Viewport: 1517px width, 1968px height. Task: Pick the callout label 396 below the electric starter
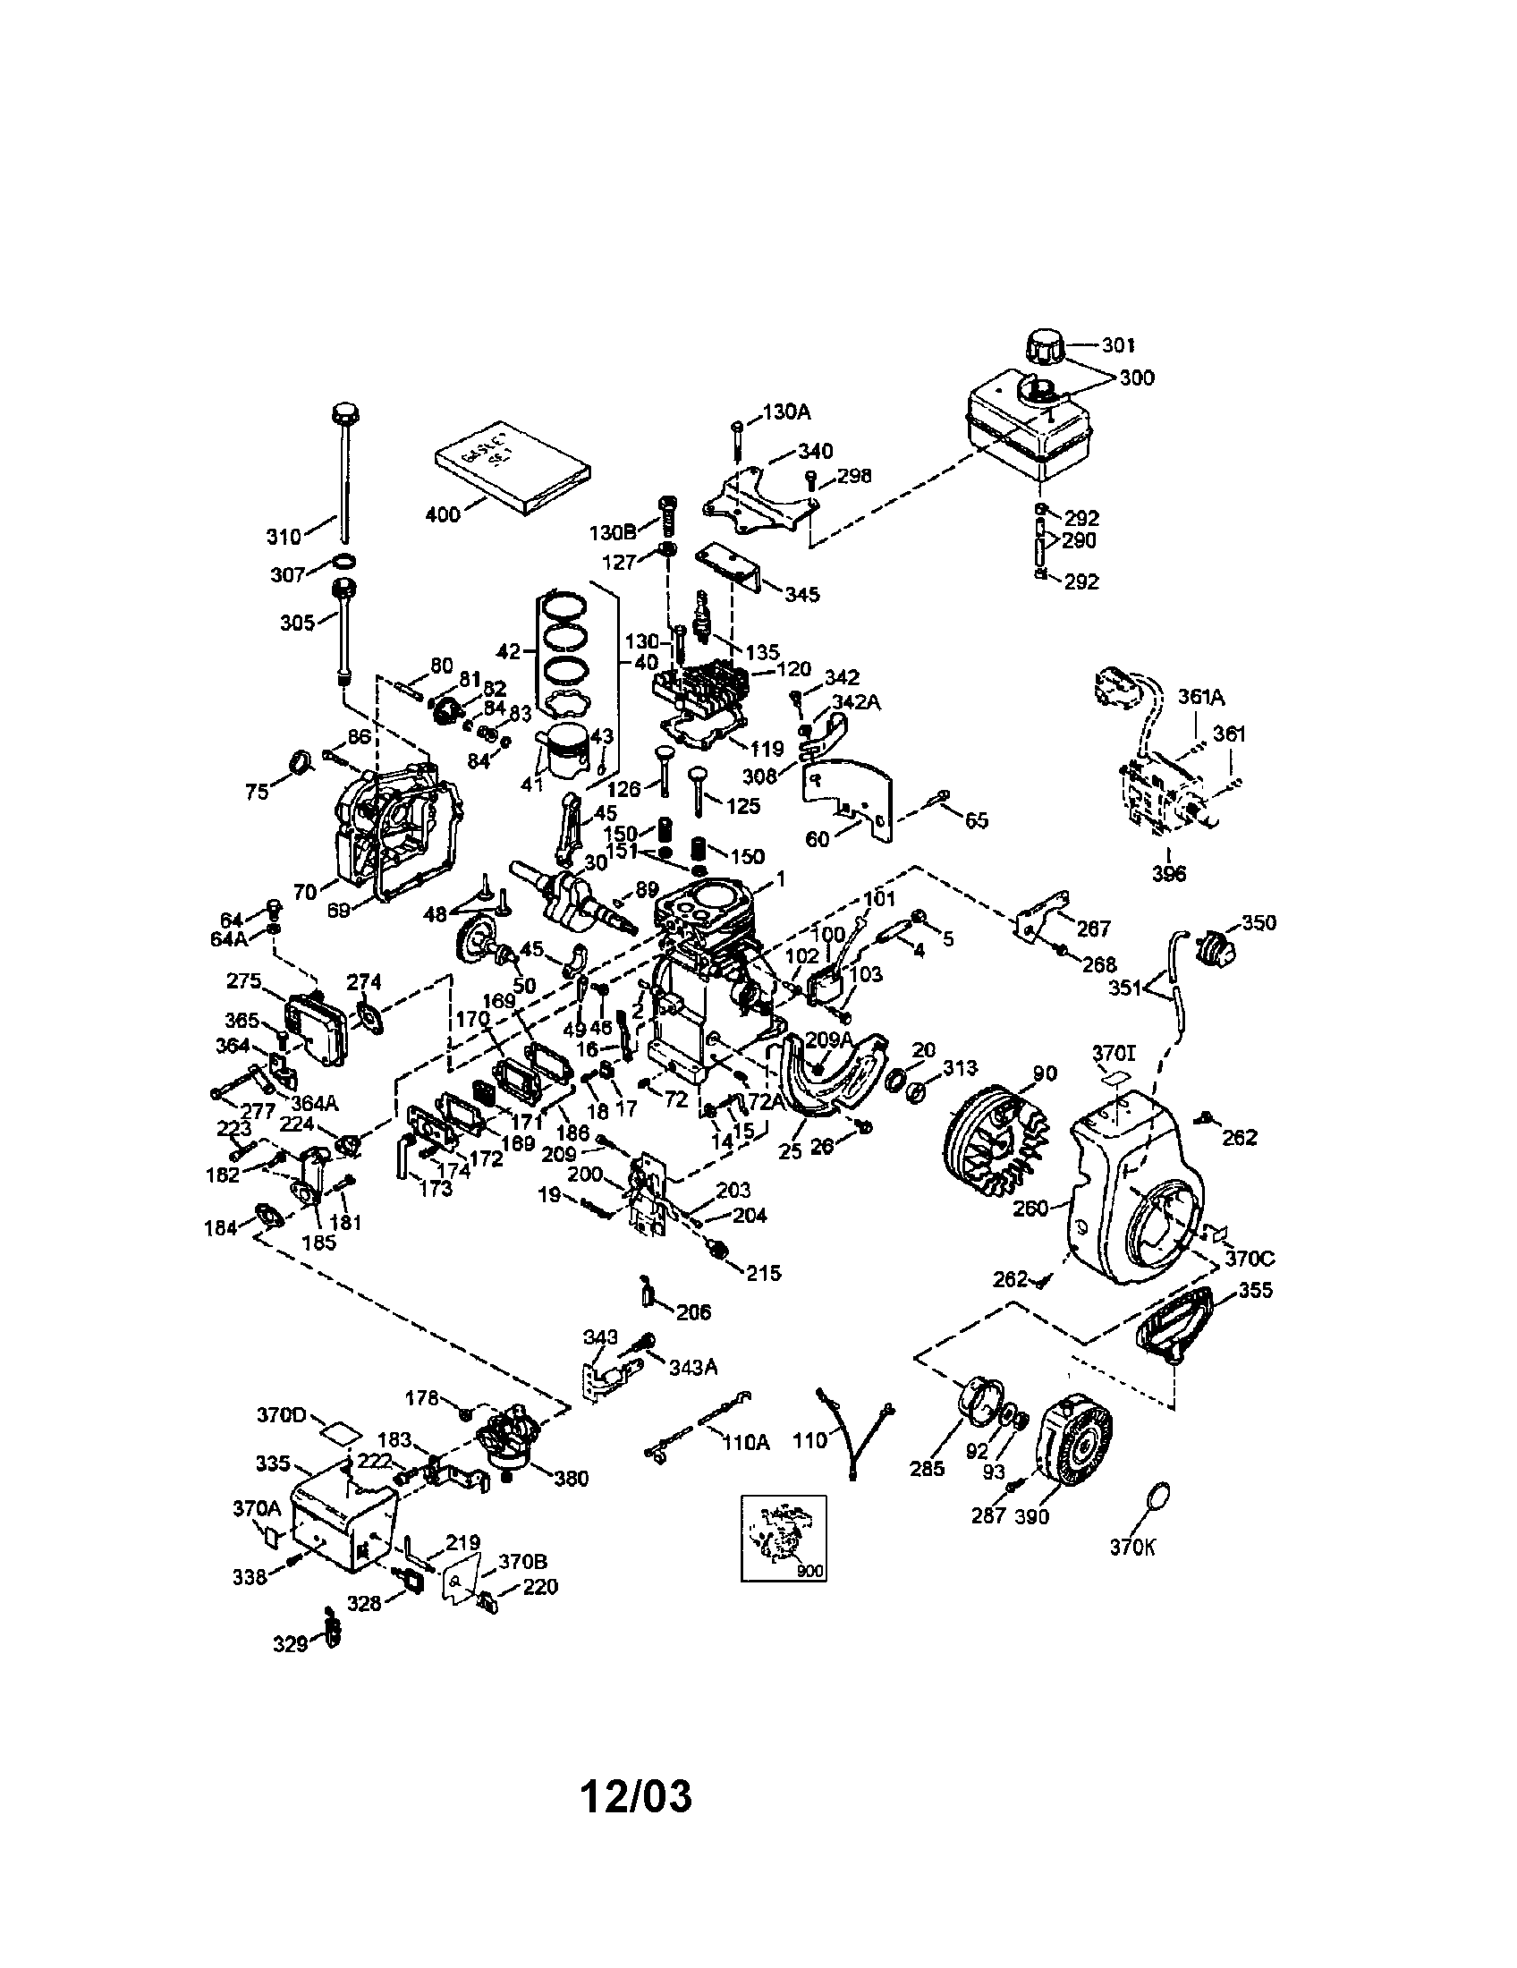(x=1168, y=873)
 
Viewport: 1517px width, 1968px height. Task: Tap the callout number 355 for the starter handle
(x=1255, y=1290)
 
